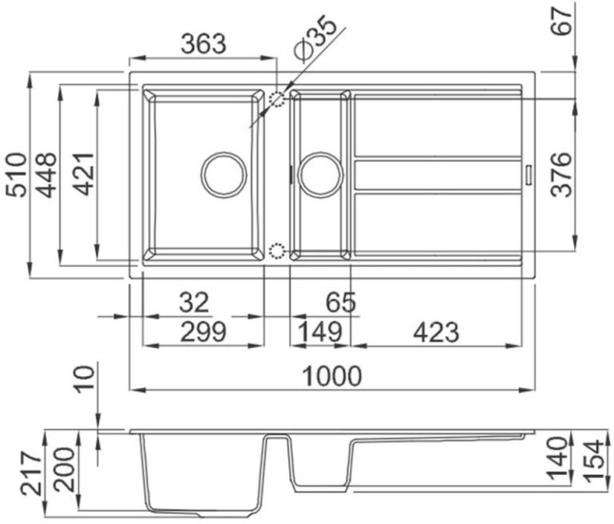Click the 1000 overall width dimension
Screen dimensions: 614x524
tap(332, 376)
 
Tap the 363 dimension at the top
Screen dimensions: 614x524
tap(204, 43)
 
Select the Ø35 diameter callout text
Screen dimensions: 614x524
tap(315, 39)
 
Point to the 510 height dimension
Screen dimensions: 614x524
tap(17, 175)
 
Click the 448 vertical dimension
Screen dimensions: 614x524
tap(46, 175)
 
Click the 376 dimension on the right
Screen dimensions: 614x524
tap(561, 175)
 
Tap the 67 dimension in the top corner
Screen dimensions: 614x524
tap(563, 22)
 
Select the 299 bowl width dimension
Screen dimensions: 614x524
tap(203, 332)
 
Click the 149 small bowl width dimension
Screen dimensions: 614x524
tap(320, 332)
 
